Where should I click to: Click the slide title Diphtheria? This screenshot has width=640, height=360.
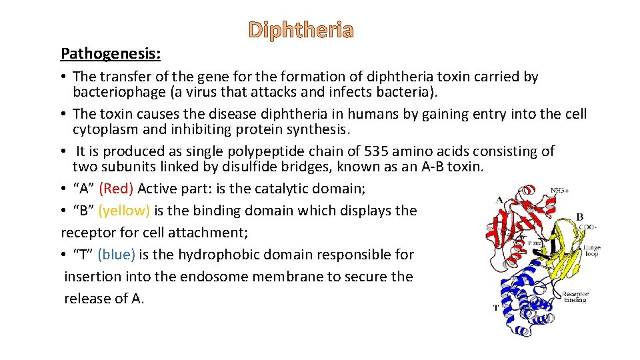[301, 31]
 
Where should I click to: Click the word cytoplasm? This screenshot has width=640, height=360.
[107, 129]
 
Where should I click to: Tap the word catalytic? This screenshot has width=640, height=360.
[290, 189]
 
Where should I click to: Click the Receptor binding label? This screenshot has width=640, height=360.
[575, 297]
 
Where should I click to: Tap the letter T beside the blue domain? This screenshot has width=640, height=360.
[496, 308]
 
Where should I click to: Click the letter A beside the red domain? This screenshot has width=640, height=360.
[499, 199]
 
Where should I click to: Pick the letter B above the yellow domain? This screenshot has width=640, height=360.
[579, 216]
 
